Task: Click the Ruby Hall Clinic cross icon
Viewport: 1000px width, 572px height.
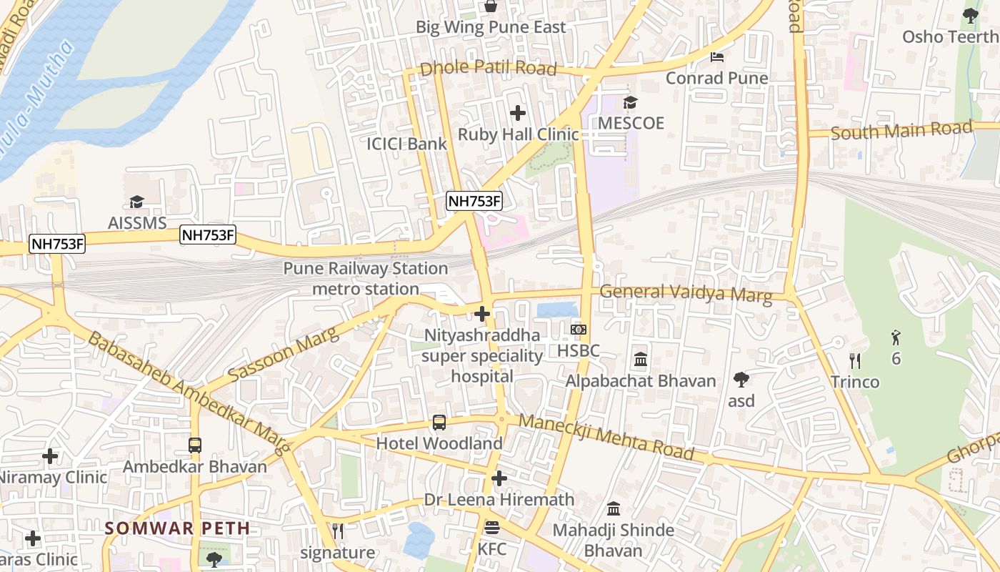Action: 518,113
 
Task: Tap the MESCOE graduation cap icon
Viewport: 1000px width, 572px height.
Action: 630,102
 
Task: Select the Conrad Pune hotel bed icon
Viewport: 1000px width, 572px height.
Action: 717,56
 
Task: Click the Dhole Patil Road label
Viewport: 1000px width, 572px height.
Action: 488,69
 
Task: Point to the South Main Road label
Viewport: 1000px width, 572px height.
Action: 901,131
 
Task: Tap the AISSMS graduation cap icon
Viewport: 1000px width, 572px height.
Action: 136,202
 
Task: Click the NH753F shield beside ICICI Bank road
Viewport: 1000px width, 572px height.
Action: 474,202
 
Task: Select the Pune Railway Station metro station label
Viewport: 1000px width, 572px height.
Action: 366,279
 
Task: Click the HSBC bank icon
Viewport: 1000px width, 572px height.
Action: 579,330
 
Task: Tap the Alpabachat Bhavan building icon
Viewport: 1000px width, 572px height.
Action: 641,360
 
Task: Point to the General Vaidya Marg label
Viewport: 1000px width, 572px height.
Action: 686,293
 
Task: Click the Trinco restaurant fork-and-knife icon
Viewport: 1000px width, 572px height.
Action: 855,361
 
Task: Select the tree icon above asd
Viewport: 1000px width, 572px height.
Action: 741,380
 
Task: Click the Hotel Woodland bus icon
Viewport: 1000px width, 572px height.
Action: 439,423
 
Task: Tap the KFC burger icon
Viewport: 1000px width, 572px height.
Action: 491,528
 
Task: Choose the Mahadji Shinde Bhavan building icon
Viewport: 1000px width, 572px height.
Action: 614,509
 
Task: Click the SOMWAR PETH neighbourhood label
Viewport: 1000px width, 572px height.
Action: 177,529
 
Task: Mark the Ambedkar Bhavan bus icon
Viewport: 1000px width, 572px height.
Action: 195,445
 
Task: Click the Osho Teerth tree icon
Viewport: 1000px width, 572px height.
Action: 970,15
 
